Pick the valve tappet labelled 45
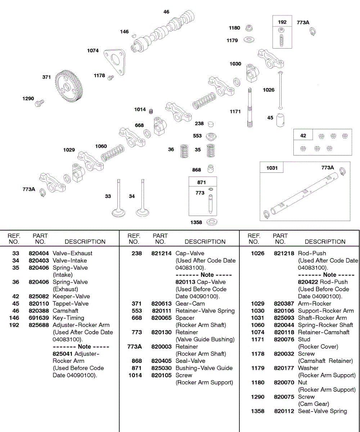281,120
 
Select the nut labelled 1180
248,28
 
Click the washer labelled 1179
248,39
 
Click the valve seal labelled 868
211,168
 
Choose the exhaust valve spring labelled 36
184,151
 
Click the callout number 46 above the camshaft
166,12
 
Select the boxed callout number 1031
272,168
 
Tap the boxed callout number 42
303,136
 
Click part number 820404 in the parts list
39,253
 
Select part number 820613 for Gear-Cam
161,303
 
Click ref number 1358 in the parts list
257,411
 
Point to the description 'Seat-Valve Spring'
323,411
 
